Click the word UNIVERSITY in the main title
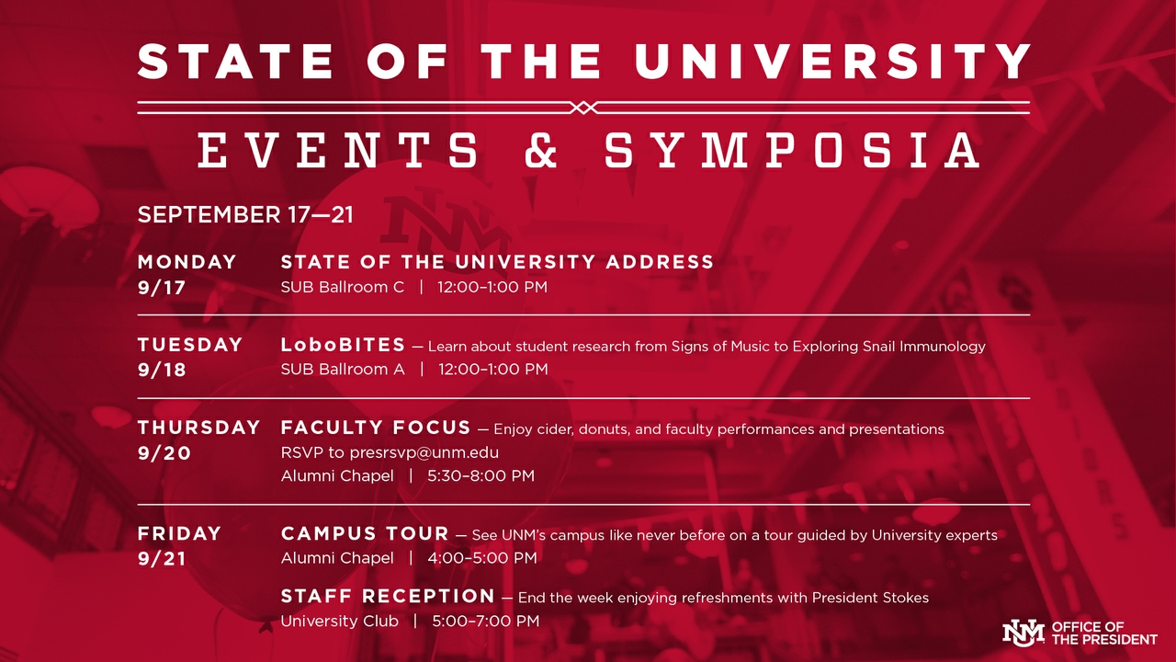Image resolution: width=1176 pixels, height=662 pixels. (x=833, y=62)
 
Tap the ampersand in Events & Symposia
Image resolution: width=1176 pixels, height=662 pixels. (x=541, y=150)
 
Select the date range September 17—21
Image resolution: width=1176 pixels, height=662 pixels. (x=245, y=215)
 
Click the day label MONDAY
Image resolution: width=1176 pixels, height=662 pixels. (x=187, y=262)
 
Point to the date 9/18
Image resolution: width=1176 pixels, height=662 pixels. (x=162, y=370)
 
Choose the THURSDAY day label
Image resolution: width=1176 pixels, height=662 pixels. (x=199, y=428)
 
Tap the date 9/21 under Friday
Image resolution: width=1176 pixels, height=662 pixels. (x=162, y=559)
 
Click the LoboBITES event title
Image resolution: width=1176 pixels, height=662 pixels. (x=343, y=345)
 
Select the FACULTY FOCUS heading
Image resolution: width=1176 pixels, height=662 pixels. (x=376, y=428)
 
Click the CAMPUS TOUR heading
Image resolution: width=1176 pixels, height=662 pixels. (x=365, y=533)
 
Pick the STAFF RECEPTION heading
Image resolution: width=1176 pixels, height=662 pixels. (x=388, y=596)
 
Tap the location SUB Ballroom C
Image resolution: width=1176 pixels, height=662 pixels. (x=342, y=287)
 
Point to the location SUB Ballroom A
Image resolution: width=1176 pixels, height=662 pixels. (x=342, y=370)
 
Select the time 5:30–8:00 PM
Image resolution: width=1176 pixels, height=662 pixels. (x=481, y=476)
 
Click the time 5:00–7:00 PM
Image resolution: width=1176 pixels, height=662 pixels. (x=486, y=622)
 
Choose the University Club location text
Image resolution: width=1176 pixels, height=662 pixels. (x=340, y=622)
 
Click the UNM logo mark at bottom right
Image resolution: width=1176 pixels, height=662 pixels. (x=1023, y=633)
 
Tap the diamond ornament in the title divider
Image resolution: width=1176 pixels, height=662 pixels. (x=583, y=108)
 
